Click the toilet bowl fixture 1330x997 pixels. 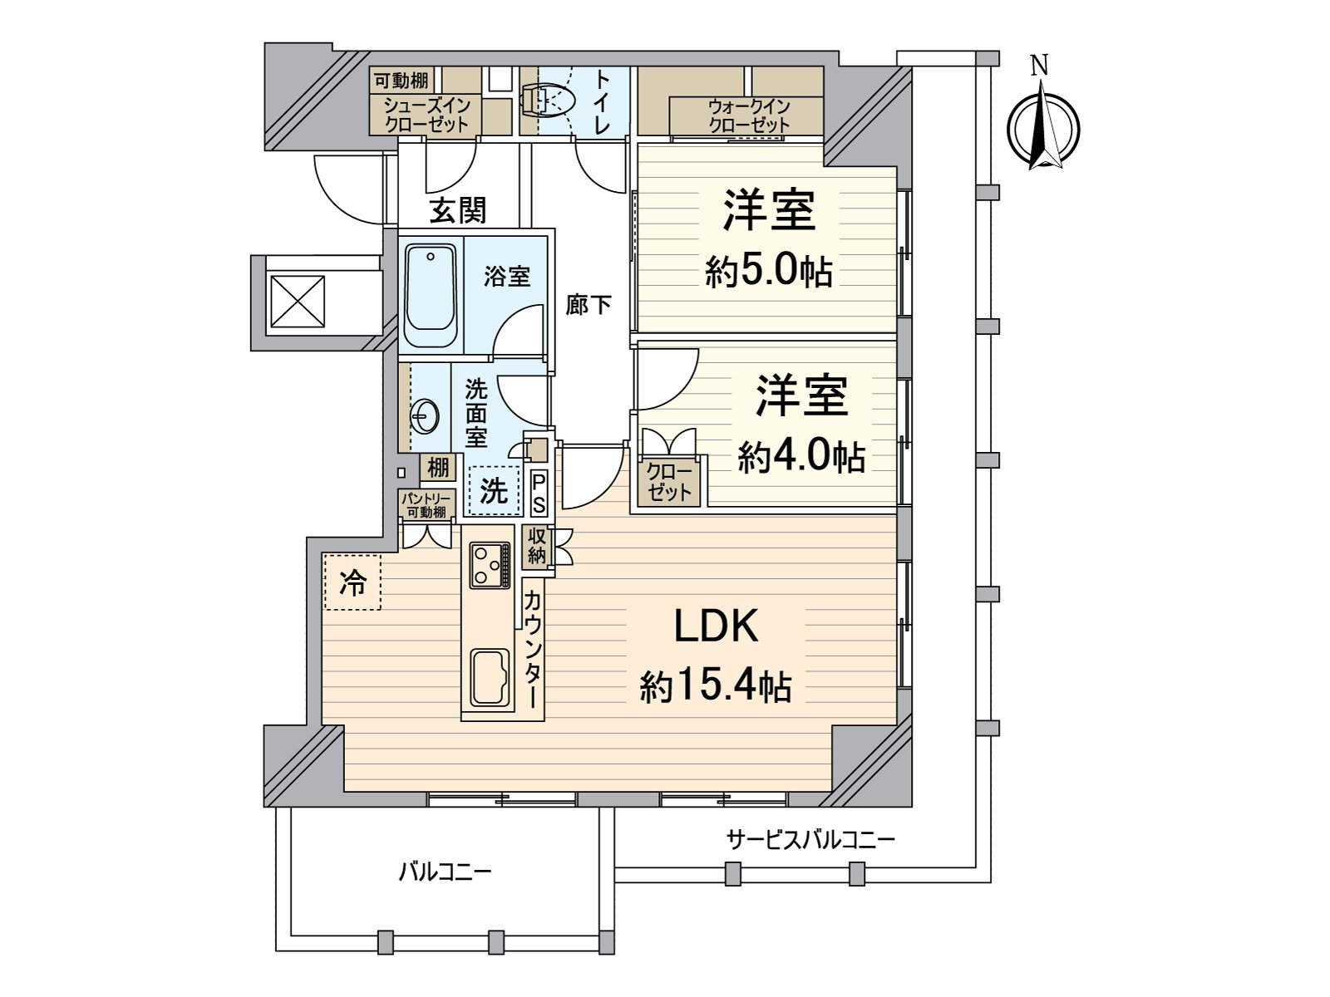(549, 101)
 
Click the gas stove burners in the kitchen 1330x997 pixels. (490, 564)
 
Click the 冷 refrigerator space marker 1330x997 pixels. (352, 583)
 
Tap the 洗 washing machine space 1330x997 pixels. (495, 491)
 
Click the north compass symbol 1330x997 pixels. (1042, 131)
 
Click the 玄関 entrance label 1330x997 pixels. (457, 211)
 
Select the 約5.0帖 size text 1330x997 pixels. (769, 271)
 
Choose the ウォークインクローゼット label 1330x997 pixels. (748, 115)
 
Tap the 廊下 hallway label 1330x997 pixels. (589, 305)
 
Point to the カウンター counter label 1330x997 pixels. (534, 647)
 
